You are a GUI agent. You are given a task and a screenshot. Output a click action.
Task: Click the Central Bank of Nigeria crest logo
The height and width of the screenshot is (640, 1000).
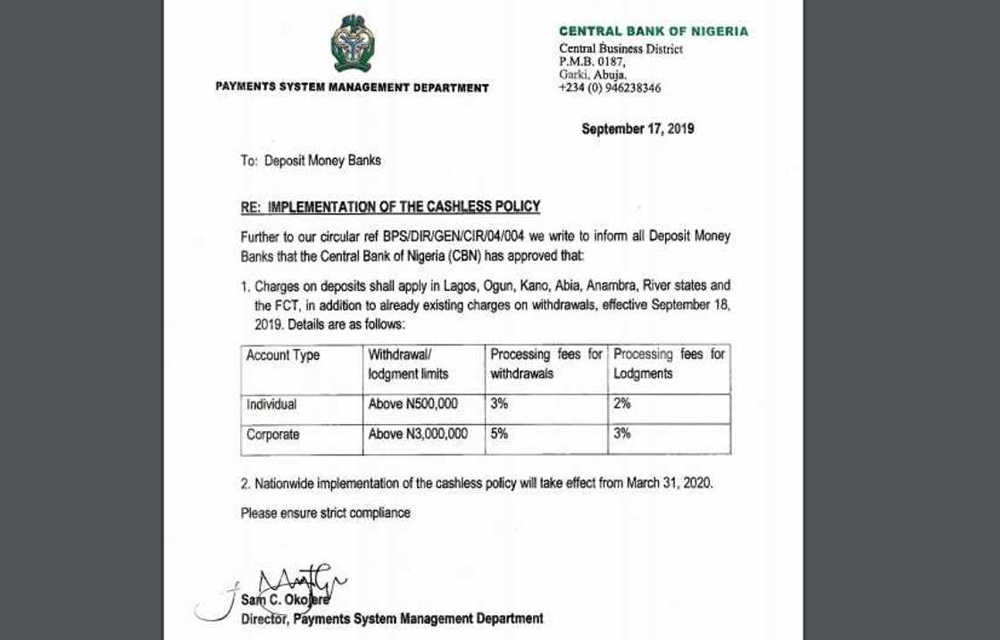click(x=351, y=45)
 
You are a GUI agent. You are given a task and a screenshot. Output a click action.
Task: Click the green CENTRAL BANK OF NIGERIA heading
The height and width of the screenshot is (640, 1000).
click(x=654, y=31)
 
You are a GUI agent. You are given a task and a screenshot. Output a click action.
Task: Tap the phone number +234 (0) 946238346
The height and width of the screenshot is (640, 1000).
click(x=610, y=88)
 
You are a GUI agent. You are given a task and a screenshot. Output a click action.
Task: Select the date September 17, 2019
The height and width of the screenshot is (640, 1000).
click(x=637, y=129)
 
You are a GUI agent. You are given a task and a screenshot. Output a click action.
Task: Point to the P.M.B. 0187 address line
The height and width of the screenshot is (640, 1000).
click(x=593, y=62)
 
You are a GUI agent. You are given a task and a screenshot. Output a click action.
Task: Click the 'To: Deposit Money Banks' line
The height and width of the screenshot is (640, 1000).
click(x=311, y=161)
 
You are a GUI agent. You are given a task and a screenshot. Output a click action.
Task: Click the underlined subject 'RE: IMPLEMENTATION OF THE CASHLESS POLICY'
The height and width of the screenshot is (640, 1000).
click(x=390, y=207)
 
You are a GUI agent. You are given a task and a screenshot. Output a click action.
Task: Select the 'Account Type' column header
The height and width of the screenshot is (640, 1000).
click(x=283, y=355)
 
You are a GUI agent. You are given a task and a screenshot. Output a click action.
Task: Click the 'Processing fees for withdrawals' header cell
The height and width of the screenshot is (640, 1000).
click(x=546, y=364)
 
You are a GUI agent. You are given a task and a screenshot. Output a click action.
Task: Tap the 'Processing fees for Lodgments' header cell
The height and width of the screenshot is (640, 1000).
click(x=670, y=364)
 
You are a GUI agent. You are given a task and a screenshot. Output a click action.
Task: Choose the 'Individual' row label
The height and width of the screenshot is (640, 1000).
click(x=271, y=404)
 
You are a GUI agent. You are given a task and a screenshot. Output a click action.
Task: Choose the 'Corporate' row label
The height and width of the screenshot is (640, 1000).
click(x=273, y=435)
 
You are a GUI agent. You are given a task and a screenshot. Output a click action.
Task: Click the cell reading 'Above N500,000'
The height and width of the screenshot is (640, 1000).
click(x=412, y=404)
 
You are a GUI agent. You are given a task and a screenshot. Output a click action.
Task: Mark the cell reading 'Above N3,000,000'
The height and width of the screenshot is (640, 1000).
click(x=418, y=435)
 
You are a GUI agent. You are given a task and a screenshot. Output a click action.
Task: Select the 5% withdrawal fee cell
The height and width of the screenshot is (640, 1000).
click(x=499, y=435)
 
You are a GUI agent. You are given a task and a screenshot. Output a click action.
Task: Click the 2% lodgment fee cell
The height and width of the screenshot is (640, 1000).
click(x=622, y=403)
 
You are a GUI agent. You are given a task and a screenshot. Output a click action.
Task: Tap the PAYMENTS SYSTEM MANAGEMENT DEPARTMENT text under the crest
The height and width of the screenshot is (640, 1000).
click(x=352, y=87)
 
